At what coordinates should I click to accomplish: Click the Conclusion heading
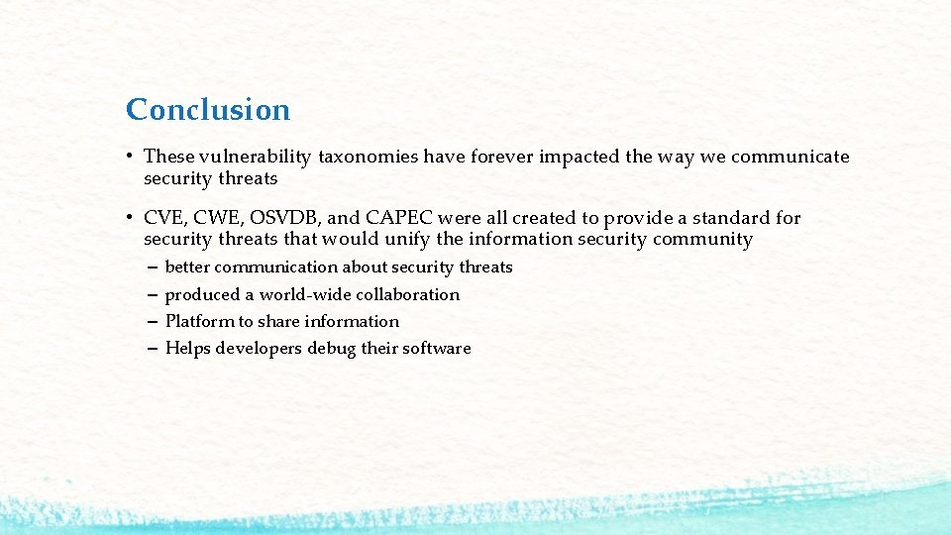click(x=208, y=109)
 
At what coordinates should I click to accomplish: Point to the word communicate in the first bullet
click(x=790, y=157)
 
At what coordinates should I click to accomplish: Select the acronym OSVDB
click(x=287, y=218)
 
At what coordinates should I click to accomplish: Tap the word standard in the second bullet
click(x=729, y=218)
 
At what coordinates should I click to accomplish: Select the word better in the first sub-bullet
click(x=187, y=267)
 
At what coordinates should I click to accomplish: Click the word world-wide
click(x=299, y=294)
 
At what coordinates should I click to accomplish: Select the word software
click(x=436, y=348)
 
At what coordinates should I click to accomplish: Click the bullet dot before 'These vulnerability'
click(x=130, y=157)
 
